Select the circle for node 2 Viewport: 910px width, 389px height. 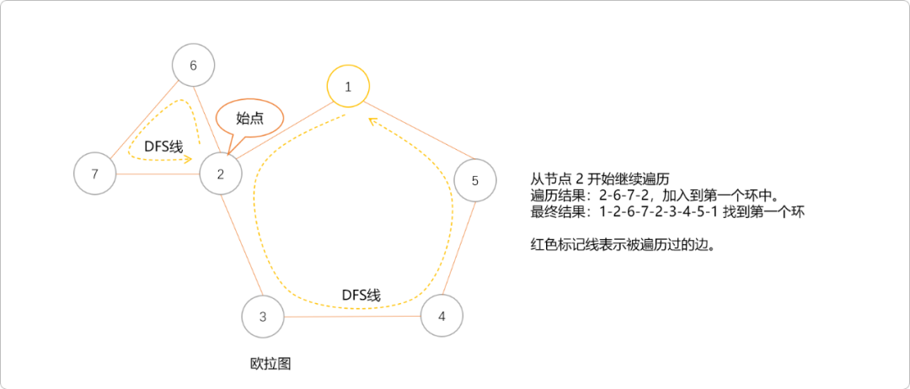(x=221, y=174)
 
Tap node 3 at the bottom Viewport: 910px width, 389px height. (x=263, y=317)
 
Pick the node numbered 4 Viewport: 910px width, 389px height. (x=442, y=316)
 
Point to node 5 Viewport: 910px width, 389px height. (x=474, y=180)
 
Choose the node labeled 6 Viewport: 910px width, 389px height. (x=193, y=65)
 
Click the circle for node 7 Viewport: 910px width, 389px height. (x=94, y=174)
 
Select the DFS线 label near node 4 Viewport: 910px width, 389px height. (x=361, y=296)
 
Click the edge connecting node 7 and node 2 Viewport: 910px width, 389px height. (x=158, y=174)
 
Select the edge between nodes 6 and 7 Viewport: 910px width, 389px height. (x=144, y=119)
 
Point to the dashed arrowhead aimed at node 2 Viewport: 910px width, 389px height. (x=186, y=158)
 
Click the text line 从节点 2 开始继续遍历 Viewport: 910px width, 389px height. (x=599, y=180)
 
